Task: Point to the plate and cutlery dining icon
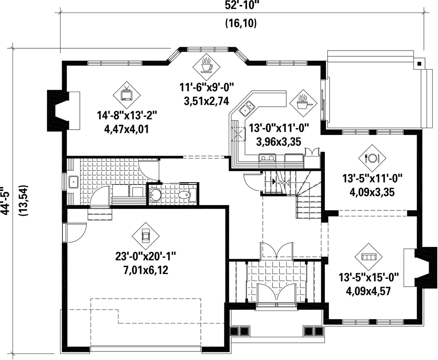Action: click(371, 158)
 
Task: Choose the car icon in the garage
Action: click(146, 236)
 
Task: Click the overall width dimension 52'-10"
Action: click(241, 5)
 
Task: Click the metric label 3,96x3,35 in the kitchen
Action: click(279, 142)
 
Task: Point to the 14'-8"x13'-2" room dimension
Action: click(127, 115)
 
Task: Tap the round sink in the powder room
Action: click(154, 194)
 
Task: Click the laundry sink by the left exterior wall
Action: click(73, 183)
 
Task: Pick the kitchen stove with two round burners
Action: click(267, 158)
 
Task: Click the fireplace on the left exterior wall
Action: click(59, 111)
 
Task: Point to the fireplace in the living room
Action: click(421, 267)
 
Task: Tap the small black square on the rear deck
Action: click(419, 63)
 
